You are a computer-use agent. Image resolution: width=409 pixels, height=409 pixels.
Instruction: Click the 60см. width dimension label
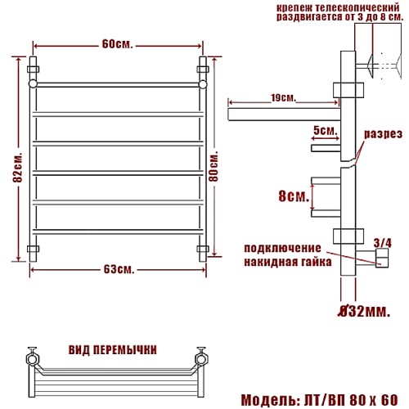coord(118,44)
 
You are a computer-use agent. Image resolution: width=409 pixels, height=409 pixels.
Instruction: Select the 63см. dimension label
coord(119,270)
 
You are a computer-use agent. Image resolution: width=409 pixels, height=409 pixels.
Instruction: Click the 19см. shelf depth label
coord(283,98)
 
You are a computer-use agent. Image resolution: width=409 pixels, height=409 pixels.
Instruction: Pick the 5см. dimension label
coord(326,131)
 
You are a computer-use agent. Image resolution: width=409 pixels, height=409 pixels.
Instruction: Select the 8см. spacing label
coord(294,196)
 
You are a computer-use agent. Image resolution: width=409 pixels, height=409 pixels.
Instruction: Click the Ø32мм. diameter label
coord(364,312)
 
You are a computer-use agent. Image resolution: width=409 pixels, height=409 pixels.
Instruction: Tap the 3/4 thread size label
coord(383,243)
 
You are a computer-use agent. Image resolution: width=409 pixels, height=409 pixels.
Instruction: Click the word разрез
coord(384,134)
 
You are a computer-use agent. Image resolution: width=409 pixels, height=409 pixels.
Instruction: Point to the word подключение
coord(282,249)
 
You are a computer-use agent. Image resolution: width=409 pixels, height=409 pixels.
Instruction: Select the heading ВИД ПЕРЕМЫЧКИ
coord(113,350)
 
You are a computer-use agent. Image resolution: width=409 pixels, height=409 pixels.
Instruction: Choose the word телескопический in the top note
coord(356,7)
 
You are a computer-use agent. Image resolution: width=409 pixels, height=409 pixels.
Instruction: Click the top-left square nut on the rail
coord(33,70)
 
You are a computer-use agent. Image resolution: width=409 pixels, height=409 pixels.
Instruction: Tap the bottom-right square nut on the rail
coord(203,249)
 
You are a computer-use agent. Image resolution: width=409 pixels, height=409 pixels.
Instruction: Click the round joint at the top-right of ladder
coord(203,84)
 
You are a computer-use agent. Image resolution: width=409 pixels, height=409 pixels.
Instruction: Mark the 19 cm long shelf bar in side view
coord(284,115)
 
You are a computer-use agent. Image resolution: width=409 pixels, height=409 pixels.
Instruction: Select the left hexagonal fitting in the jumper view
coord(32,359)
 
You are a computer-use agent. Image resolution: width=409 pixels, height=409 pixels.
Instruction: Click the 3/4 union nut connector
coord(382,258)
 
